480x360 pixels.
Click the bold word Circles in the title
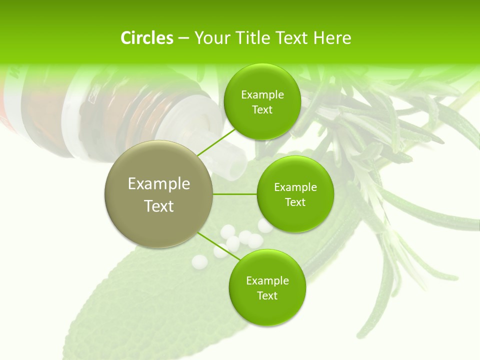(147, 38)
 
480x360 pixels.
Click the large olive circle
(159, 194)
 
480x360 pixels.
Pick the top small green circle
(262, 102)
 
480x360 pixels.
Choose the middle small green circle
(295, 194)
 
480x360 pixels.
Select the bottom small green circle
(267, 287)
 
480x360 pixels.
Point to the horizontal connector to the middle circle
(235, 194)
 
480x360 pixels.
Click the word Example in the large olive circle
(159, 184)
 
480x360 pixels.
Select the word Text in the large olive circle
(159, 206)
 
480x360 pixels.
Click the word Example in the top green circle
(262, 95)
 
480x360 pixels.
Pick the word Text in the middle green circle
(295, 202)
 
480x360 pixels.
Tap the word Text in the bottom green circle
(267, 295)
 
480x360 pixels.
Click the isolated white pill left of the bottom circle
(199, 261)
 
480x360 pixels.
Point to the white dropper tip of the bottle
(233, 165)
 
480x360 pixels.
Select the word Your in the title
(210, 38)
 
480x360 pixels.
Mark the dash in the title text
(183, 38)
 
